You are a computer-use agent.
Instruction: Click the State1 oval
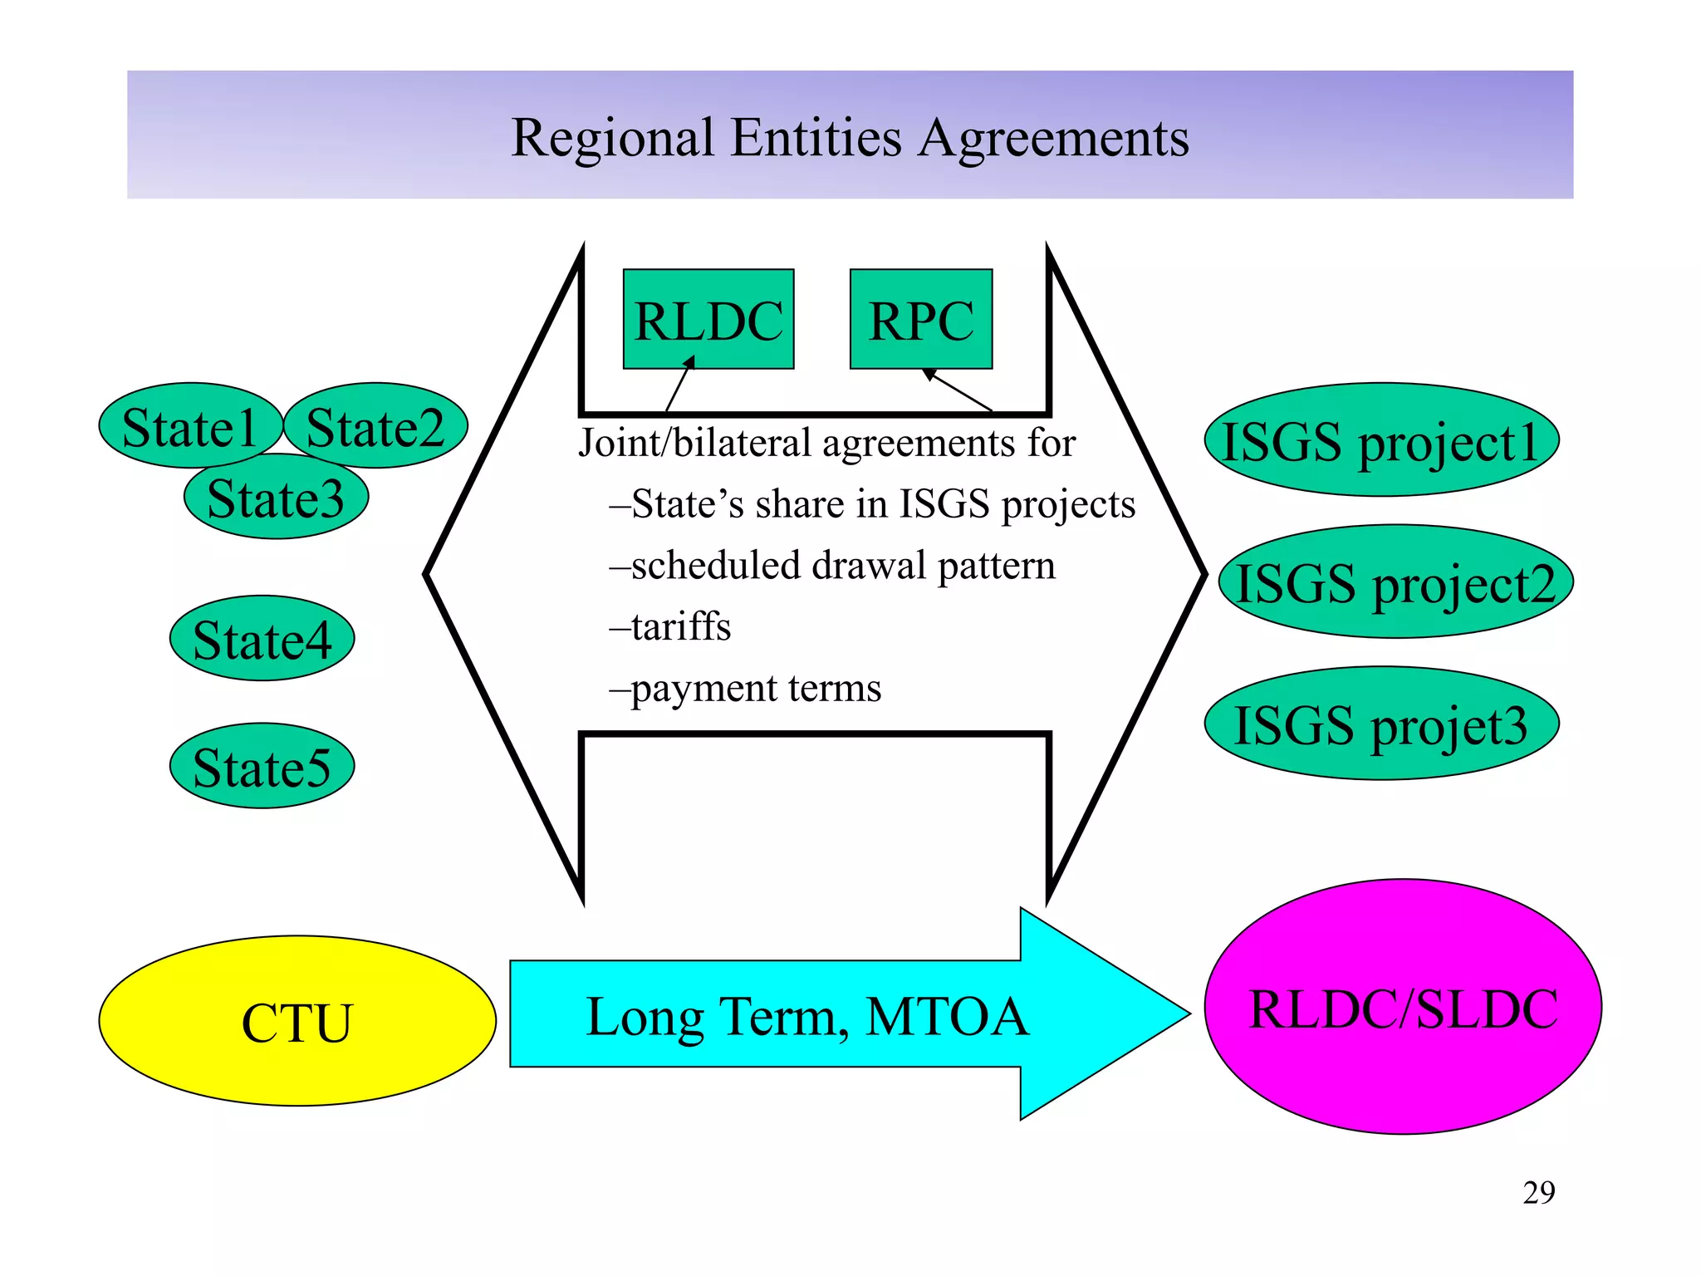tap(189, 426)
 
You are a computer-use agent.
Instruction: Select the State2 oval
tap(375, 426)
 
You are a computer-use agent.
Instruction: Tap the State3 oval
tap(276, 498)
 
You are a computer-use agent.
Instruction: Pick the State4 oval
tap(262, 639)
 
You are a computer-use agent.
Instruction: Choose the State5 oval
tap(262, 766)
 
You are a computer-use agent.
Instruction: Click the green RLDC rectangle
tap(708, 319)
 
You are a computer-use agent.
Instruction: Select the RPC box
tap(920, 319)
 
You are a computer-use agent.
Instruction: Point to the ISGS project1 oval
tap(1381, 440)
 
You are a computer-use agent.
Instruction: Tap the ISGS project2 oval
tap(1396, 582)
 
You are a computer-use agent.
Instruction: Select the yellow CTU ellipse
tap(297, 1021)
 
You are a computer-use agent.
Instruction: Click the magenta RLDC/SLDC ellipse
tap(1403, 1008)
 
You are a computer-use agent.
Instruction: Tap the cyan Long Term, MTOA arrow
tap(806, 1015)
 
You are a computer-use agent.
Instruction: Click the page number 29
tap(1538, 1193)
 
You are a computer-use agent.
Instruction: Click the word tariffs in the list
tap(680, 626)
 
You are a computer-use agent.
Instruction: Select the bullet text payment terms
tap(755, 688)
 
